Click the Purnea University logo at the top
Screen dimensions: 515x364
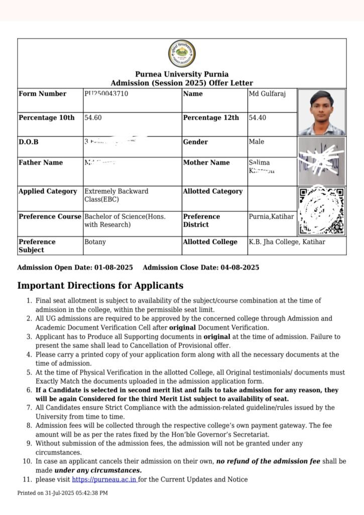(182, 54)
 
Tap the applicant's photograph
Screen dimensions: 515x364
(321, 112)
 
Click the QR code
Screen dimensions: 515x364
(321, 211)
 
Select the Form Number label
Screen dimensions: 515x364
(42, 94)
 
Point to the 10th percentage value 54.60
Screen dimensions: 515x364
(93, 118)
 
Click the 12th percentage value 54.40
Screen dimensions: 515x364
(258, 118)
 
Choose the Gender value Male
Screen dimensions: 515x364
(257, 142)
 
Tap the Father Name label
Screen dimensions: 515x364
(41, 162)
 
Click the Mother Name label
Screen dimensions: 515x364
(206, 162)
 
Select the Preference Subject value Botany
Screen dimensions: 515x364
(95, 242)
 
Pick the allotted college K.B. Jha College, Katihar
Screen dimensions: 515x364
(287, 242)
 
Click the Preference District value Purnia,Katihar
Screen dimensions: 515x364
(272, 216)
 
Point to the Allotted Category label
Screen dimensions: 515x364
(212, 192)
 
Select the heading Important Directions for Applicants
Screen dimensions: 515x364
(100, 286)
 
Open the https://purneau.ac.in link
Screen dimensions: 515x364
(104, 479)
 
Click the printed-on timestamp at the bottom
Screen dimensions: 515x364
(62, 493)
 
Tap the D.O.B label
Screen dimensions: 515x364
(29, 142)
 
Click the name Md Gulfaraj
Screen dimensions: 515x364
(268, 94)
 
